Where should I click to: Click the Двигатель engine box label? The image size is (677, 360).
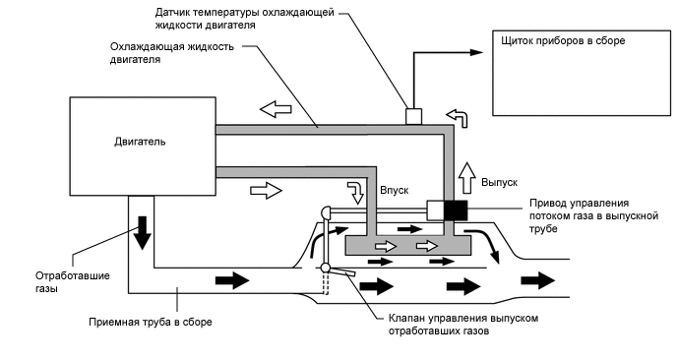tap(140, 142)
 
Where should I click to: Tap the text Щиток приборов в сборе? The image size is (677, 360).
tap(563, 41)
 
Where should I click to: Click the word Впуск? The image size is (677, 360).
tap(395, 190)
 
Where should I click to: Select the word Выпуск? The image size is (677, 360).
tap(500, 182)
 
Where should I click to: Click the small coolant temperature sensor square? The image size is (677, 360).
tap(413, 116)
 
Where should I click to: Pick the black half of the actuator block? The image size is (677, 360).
tap(456, 210)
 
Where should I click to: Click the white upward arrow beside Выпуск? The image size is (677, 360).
tap(466, 178)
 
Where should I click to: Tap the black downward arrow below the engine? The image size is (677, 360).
tap(142, 232)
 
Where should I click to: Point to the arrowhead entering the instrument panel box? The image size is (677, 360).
tap(476, 53)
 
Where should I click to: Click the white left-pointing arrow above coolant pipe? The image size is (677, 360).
tap(276, 108)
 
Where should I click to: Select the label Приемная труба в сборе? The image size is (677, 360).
tap(151, 322)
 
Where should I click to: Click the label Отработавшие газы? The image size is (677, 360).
tap(73, 282)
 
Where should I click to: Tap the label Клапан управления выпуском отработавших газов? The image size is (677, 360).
tap(463, 325)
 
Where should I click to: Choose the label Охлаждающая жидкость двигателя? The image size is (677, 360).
tap(172, 53)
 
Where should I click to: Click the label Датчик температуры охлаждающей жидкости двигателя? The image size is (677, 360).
tap(245, 19)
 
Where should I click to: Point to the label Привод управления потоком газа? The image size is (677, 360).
tap(593, 215)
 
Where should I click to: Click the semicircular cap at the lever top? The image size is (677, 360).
tap(326, 211)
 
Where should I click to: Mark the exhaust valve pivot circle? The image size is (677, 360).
tap(326, 268)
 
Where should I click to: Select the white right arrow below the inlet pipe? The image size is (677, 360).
tap(266, 190)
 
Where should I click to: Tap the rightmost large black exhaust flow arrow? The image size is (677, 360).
tap(537, 280)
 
